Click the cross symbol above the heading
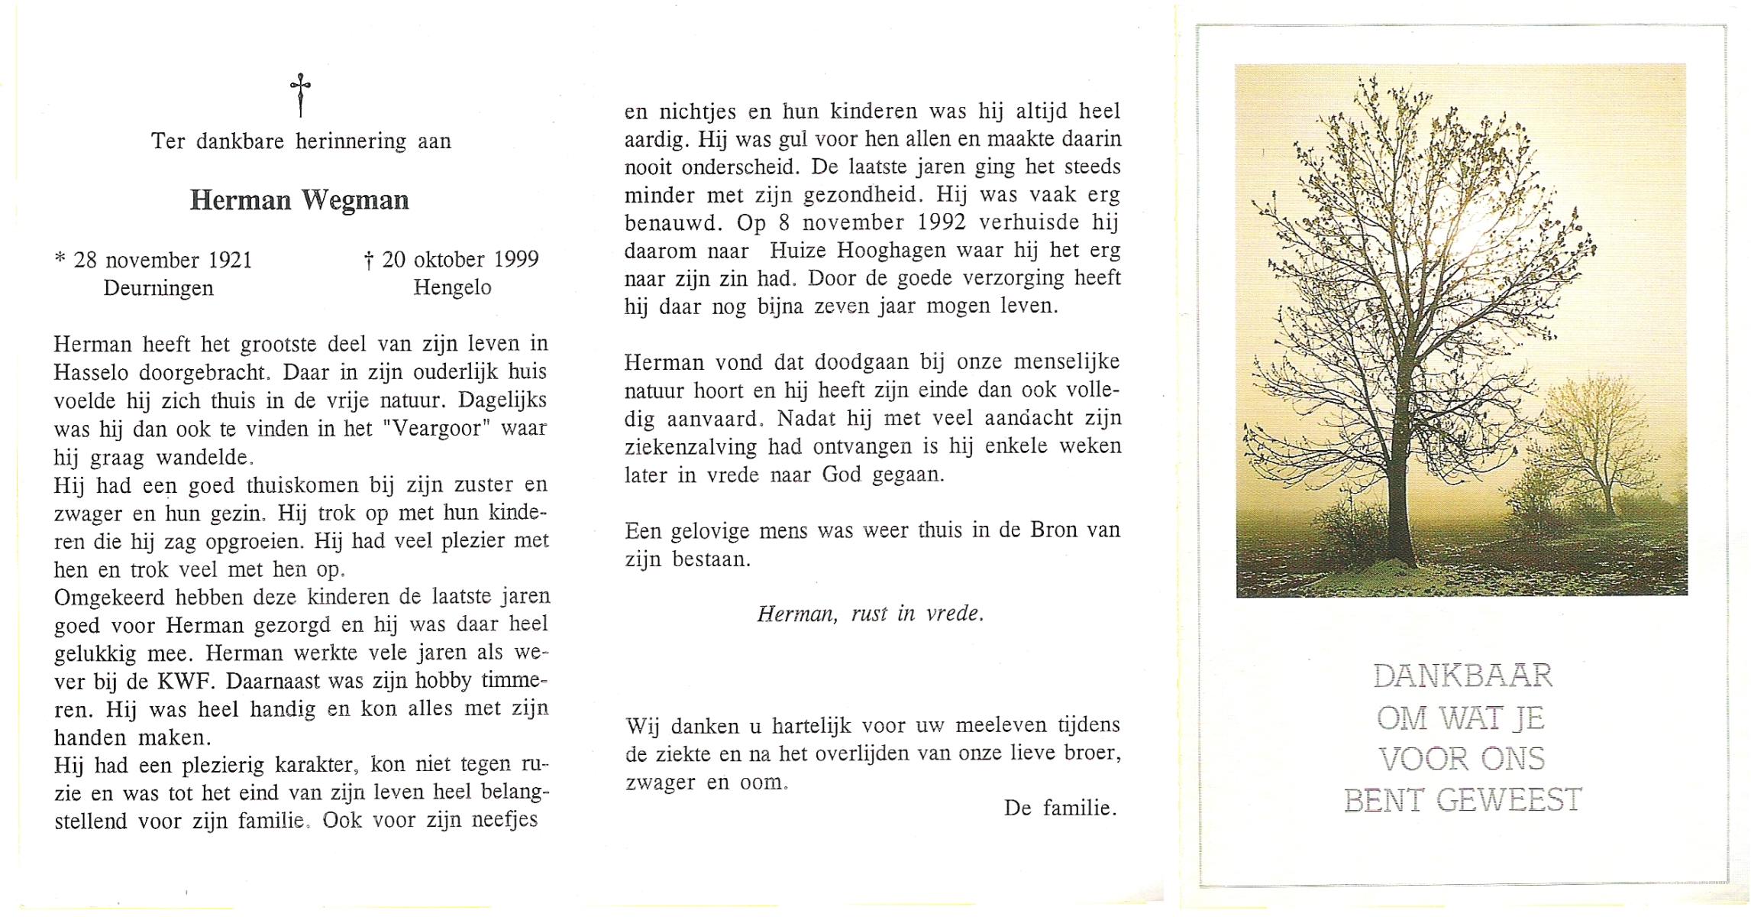pos(300,95)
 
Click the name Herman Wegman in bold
pos(299,200)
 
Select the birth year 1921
pos(230,261)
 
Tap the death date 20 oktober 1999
pos(460,260)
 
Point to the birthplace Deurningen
pos(159,288)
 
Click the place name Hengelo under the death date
pos(452,288)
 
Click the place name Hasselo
pos(96,372)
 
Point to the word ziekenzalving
pos(691,446)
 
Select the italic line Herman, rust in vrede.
pos(871,614)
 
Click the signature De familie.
pos(1060,808)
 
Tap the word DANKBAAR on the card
pos(1462,676)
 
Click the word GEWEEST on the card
pos(1509,801)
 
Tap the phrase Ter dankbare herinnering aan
pos(301,141)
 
